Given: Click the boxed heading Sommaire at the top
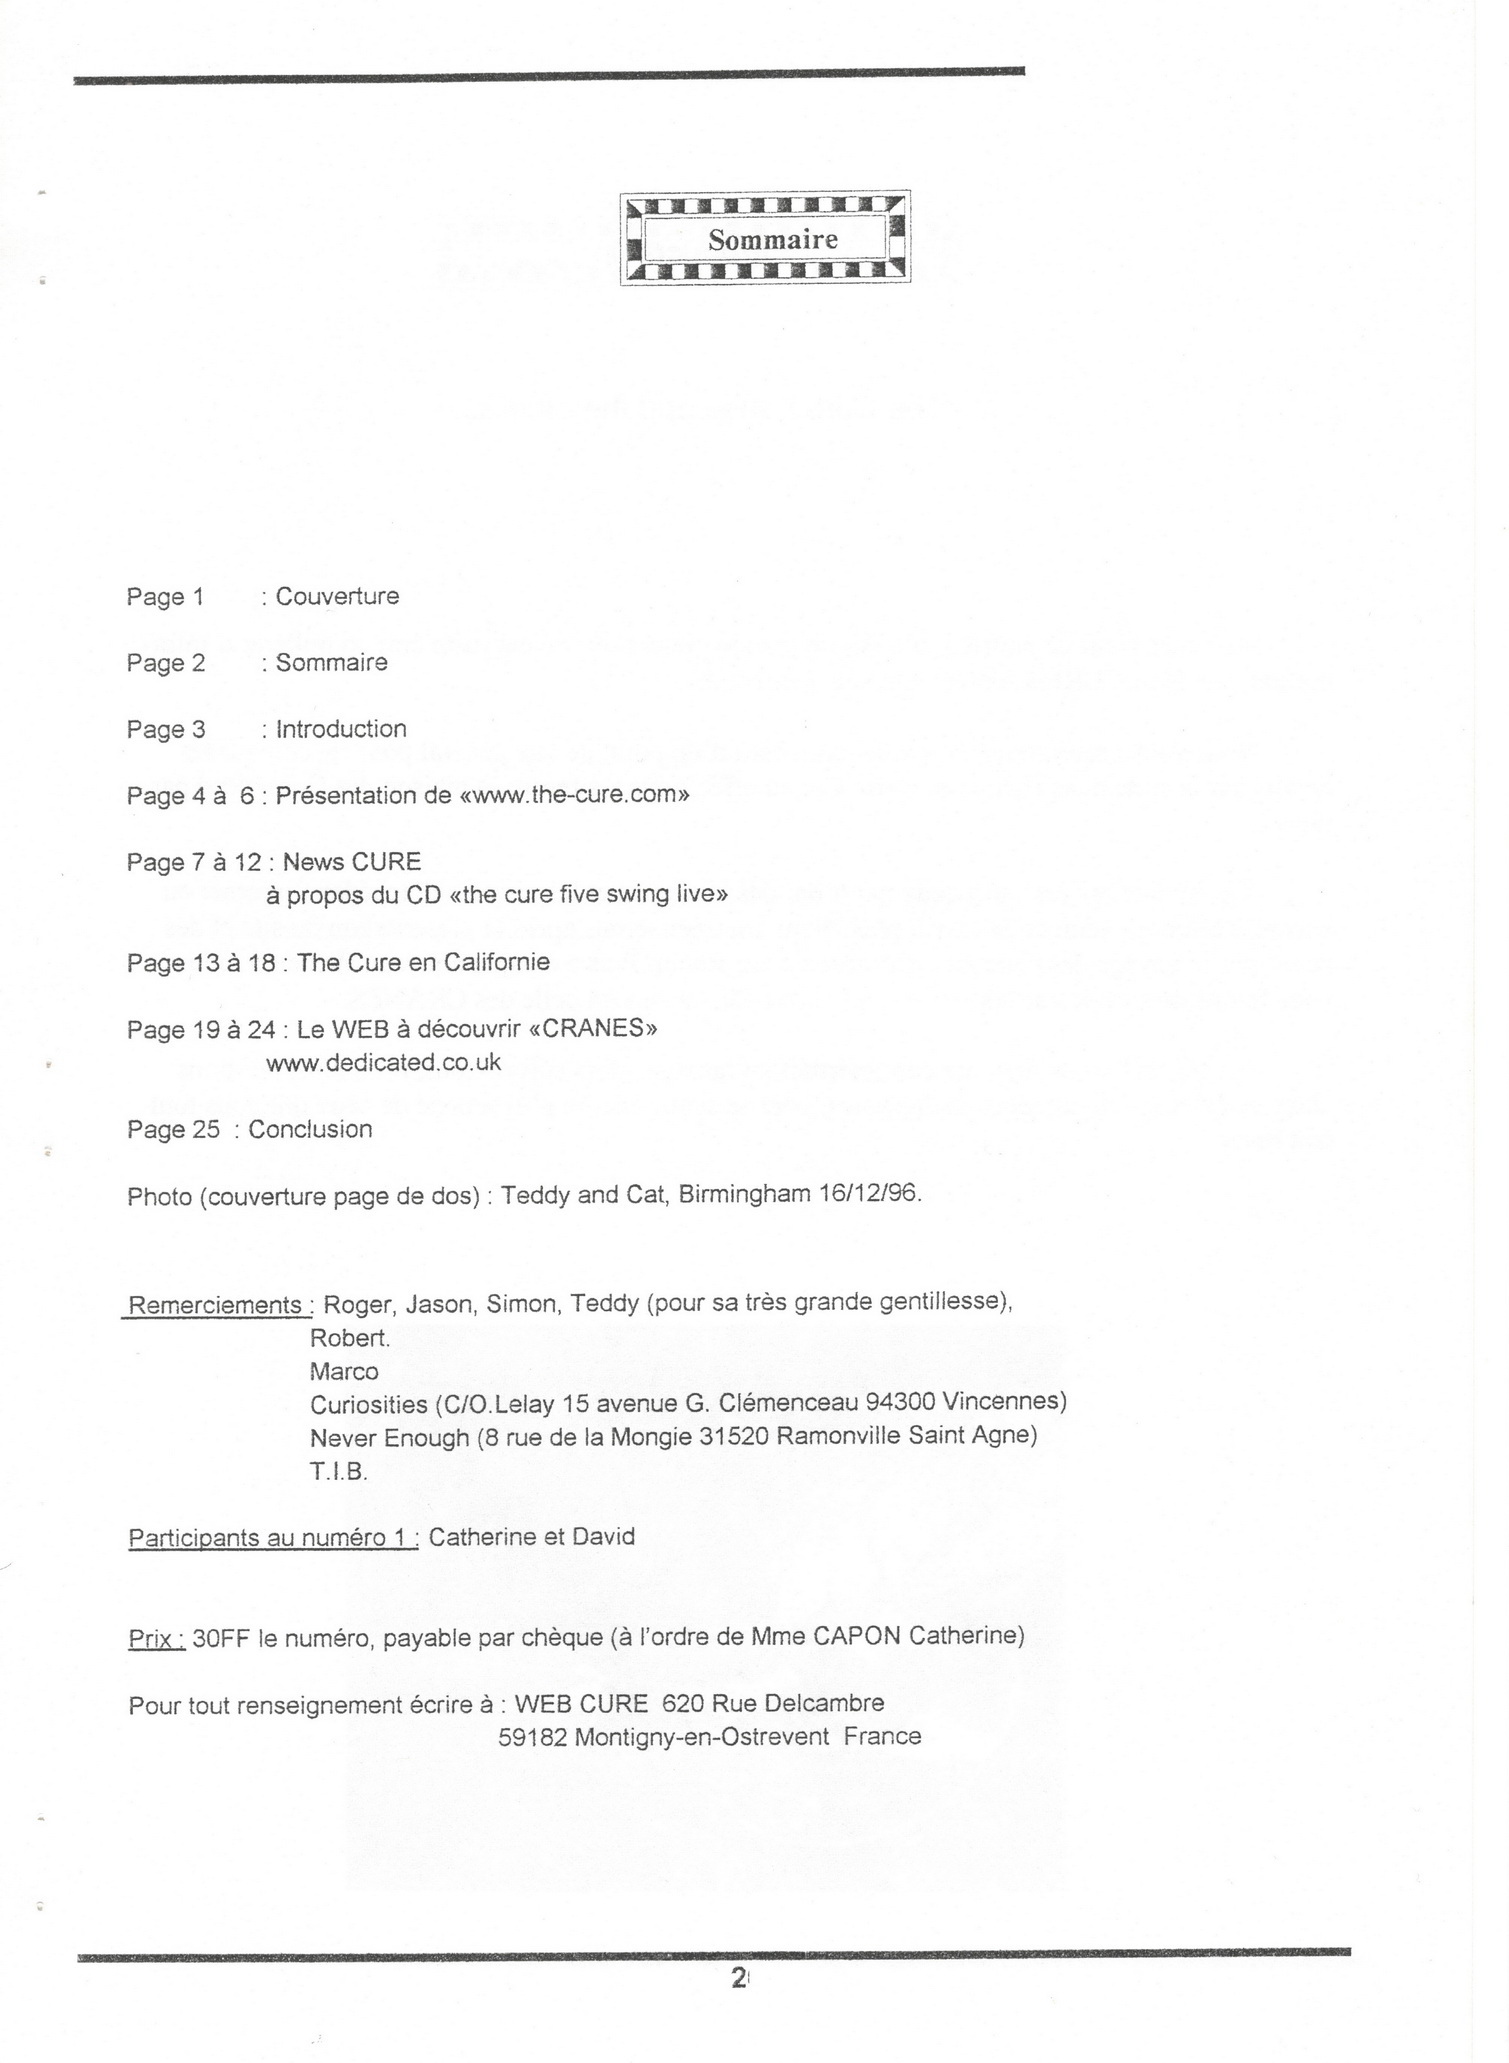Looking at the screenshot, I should click(772, 240).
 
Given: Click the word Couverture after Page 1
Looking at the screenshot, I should click(337, 597).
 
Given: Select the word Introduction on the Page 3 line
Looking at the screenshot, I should click(341, 729).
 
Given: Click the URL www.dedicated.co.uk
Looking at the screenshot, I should click(383, 1062).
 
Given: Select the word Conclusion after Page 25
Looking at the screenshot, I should click(310, 1129).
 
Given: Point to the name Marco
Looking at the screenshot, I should click(344, 1371).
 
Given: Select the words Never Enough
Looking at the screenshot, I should click(389, 1437).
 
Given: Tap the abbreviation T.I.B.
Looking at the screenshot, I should click(339, 1471).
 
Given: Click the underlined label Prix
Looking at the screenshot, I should click(156, 1637).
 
